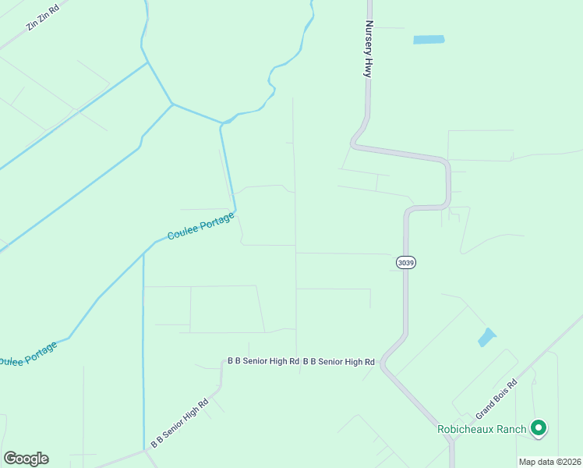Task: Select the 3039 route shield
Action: click(x=405, y=263)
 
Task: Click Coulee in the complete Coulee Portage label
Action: click(x=181, y=232)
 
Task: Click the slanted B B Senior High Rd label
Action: click(x=179, y=424)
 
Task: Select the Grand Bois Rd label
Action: click(x=497, y=399)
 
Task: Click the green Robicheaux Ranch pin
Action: click(x=538, y=428)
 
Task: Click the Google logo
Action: click(x=26, y=459)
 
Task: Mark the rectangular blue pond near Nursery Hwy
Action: click(x=428, y=39)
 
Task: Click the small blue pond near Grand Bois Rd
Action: click(x=486, y=337)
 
